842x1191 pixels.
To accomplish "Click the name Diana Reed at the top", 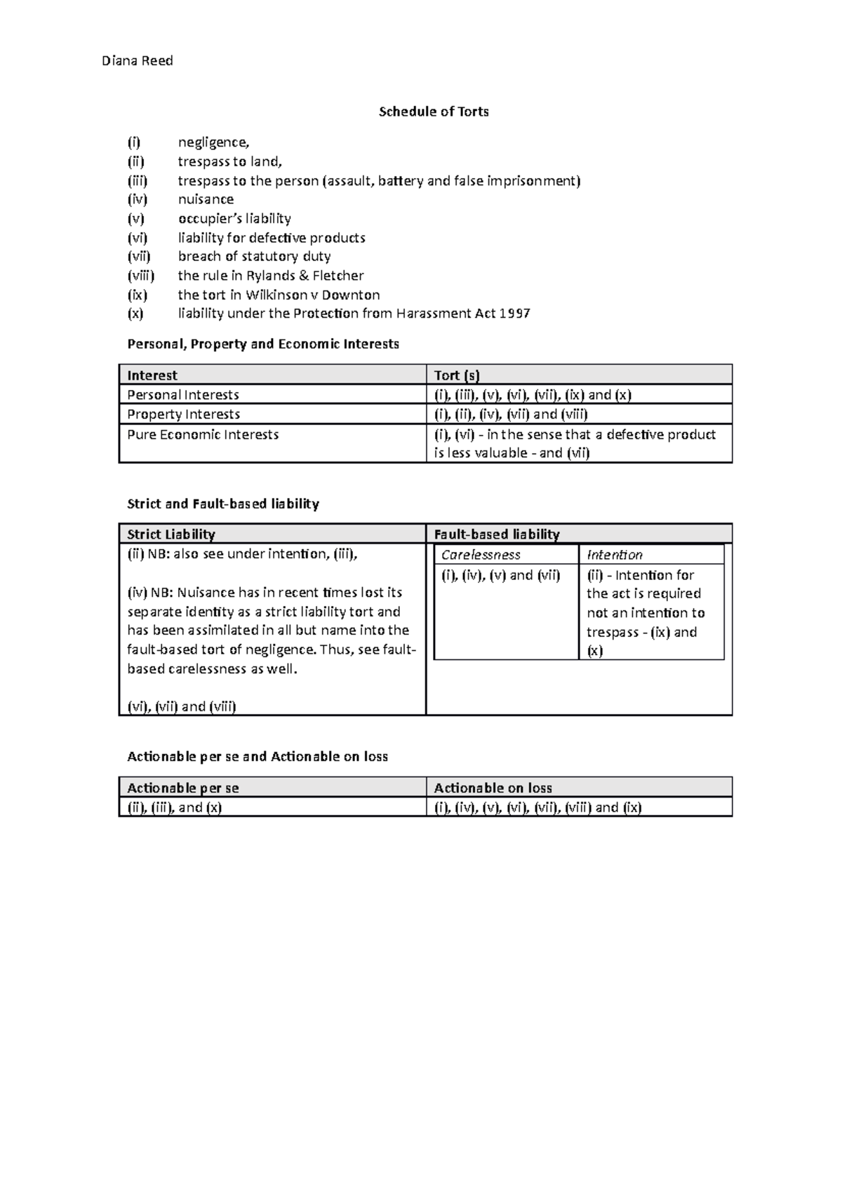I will click(x=137, y=61).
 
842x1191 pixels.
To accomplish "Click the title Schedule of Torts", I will click(x=434, y=112).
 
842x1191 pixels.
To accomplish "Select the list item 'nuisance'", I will click(x=206, y=199).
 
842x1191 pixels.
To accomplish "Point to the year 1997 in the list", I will click(x=514, y=314).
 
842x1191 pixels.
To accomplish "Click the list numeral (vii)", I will click(x=139, y=257).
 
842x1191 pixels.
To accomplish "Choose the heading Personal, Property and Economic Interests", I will click(x=262, y=344).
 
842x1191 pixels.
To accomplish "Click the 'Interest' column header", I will click(x=152, y=375).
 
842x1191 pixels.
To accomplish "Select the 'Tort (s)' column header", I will click(x=457, y=375).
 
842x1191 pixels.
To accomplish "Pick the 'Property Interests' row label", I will click(x=183, y=415).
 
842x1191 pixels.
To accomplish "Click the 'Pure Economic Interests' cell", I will click(x=203, y=435).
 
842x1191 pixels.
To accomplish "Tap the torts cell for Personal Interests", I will click(x=533, y=395).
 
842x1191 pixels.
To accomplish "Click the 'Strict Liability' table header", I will click(x=171, y=534).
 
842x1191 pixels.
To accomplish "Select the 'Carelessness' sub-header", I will click(x=481, y=555).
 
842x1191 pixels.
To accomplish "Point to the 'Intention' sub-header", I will click(x=615, y=555).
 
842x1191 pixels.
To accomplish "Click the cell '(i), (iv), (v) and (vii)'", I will click(x=500, y=576).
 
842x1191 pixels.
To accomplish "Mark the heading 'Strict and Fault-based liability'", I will click(x=222, y=504).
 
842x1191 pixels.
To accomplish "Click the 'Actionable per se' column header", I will click(x=182, y=788).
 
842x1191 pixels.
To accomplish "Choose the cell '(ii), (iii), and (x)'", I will click(x=174, y=807).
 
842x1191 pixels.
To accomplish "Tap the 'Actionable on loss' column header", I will click(x=493, y=788).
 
